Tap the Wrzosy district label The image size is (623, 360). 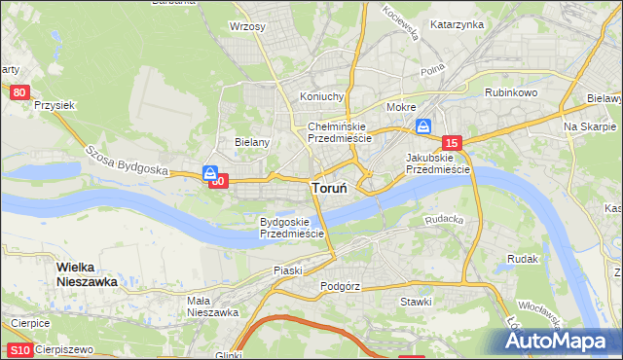pos(247,26)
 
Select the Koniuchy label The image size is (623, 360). pos(322,96)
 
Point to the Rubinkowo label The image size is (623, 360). pos(512,92)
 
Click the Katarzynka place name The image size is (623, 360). pos(457,24)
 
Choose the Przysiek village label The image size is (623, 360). pos(54,104)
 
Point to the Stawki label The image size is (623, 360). pos(416,302)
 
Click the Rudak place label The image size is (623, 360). pos(524,259)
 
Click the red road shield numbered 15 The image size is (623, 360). pos(450,143)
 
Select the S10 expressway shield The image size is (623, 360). pos(18,349)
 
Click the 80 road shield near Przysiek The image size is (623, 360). pos(20,92)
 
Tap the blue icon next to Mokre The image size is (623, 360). pos(424,126)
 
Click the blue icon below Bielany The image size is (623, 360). pos(210,173)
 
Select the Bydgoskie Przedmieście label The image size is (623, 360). pos(291,228)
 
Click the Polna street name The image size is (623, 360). pos(432,71)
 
